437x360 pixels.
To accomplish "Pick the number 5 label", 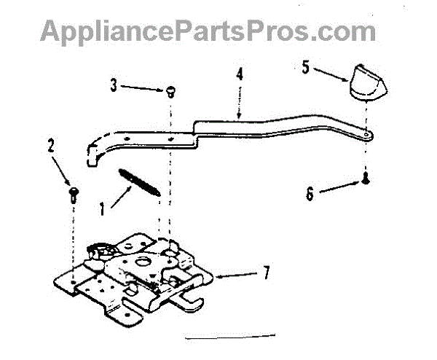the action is tap(307, 66).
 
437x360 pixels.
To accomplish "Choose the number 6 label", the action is tap(309, 194).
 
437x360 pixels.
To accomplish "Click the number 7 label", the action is tap(267, 274).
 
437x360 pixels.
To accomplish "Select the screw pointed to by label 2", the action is tap(73, 193).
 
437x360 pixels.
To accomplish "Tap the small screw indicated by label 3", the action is tap(170, 91).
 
